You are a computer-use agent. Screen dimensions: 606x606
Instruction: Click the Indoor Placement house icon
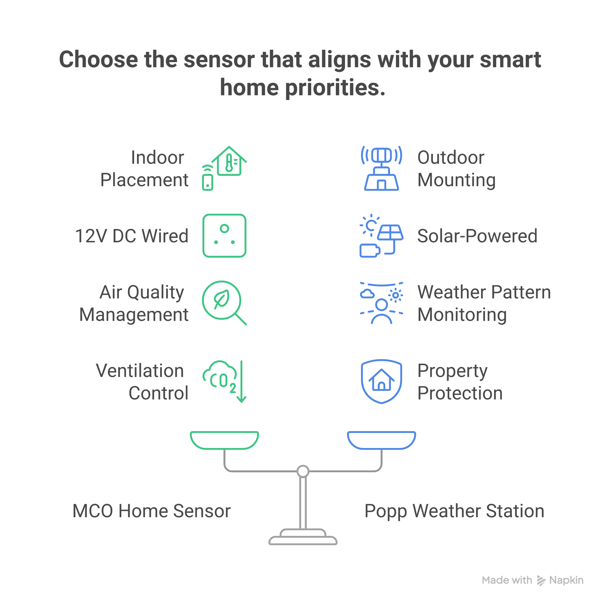pos(225,168)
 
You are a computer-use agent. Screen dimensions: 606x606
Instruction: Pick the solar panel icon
pos(381,236)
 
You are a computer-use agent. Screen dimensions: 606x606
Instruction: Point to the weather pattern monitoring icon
pos(381,303)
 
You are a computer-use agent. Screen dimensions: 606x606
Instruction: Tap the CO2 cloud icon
pos(224,381)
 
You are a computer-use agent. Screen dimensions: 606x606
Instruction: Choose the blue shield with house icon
pos(381,381)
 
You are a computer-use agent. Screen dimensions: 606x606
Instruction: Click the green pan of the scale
pos(224,440)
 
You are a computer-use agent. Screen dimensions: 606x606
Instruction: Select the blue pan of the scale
pos(381,440)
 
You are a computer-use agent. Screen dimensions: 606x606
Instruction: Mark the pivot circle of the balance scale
pos(303,471)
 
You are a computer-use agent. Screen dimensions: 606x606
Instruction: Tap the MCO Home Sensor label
pos(151,511)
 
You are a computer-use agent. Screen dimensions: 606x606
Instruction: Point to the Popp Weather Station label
pos(454,511)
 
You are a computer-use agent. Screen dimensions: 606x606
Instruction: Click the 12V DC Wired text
pos(132,236)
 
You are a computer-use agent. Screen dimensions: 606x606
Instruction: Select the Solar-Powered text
pos(477,236)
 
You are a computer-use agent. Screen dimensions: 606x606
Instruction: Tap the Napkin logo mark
pos(541,581)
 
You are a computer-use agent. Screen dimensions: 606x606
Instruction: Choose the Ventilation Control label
pos(142,382)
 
